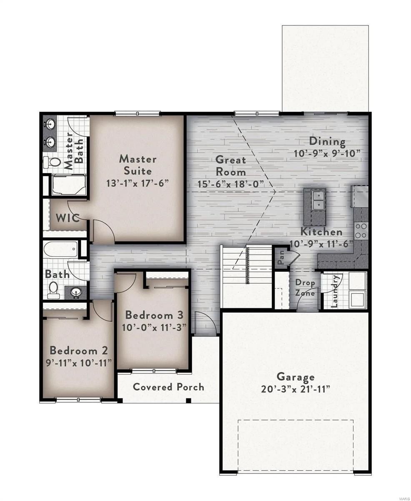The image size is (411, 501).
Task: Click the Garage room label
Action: click(x=296, y=377)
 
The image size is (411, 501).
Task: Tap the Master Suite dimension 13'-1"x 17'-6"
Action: click(x=137, y=183)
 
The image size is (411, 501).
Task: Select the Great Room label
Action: click(x=231, y=165)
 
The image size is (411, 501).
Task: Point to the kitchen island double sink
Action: click(x=315, y=200)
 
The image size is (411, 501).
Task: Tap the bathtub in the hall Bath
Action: click(x=61, y=250)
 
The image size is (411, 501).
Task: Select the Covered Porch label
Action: click(x=168, y=387)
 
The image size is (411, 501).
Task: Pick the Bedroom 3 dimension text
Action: click(x=154, y=327)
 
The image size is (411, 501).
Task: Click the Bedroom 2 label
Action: click(x=79, y=350)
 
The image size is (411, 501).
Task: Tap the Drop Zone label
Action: click(x=305, y=288)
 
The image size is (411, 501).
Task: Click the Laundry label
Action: click(x=334, y=291)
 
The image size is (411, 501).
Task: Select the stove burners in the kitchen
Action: click(x=361, y=231)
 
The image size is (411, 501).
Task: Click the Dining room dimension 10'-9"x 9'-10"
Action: click(x=327, y=153)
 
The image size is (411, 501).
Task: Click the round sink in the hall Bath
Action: click(x=75, y=292)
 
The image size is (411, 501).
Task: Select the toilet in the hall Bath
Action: click(x=54, y=290)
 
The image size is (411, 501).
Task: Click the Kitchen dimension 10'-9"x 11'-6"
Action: click(x=321, y=243)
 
